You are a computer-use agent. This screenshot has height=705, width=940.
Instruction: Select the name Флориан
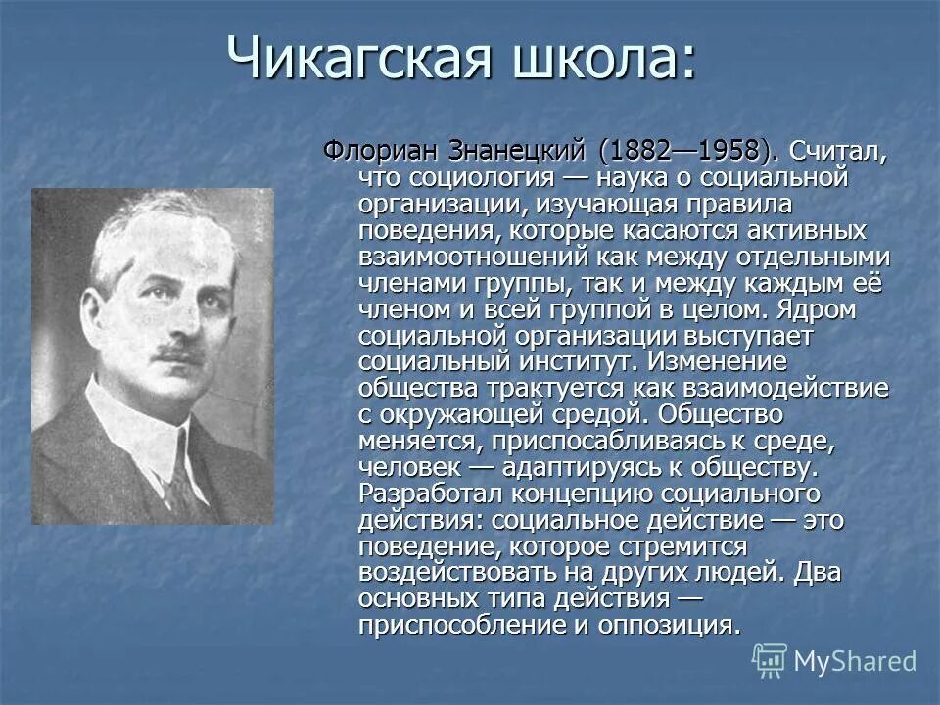380,152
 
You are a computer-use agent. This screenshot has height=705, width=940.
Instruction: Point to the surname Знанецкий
518,152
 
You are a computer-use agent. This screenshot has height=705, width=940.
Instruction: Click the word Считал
839,152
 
